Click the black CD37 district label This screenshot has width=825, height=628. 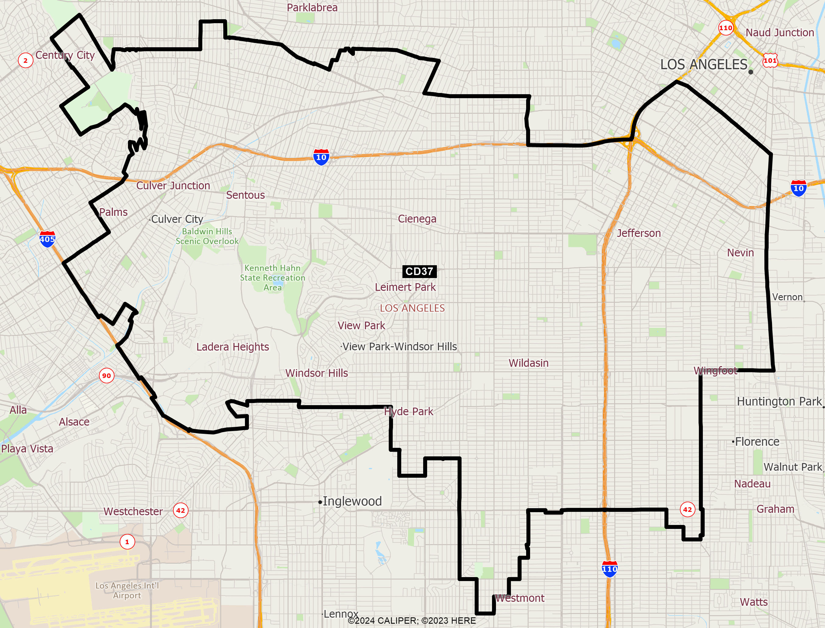click(419, 271)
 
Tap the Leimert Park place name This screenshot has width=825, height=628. click(405, 287)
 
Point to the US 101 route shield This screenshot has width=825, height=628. click(770, 61)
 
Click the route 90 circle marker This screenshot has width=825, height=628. click(106, 376)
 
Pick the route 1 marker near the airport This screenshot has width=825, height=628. click(127, 542)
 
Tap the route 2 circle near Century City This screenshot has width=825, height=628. click(25, 60)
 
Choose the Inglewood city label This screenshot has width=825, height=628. click(352, 501)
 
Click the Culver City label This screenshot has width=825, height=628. click(177, 219)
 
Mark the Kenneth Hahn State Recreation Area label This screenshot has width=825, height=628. click(273, 278)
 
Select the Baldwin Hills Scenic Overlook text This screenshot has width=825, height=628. click(207, 236)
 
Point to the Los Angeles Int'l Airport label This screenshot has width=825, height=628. click(127, 590)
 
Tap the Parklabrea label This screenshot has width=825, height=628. click(312, 8)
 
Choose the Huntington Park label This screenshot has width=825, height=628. click(779, 401)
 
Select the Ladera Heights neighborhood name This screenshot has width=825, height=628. click(233, 347)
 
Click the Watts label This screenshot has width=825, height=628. click(754, 602)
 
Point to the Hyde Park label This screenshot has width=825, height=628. click(409, 412)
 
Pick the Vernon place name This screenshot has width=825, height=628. click(787, 297)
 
